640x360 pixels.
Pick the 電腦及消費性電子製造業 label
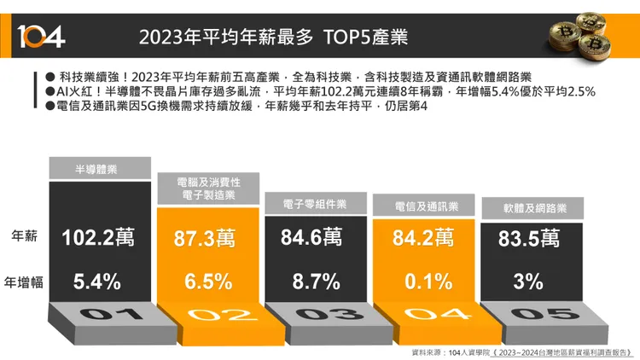point(208,189)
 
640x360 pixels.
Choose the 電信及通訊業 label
point(427,206)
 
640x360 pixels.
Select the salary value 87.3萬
point(208,239)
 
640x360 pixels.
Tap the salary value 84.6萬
point(315,238)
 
